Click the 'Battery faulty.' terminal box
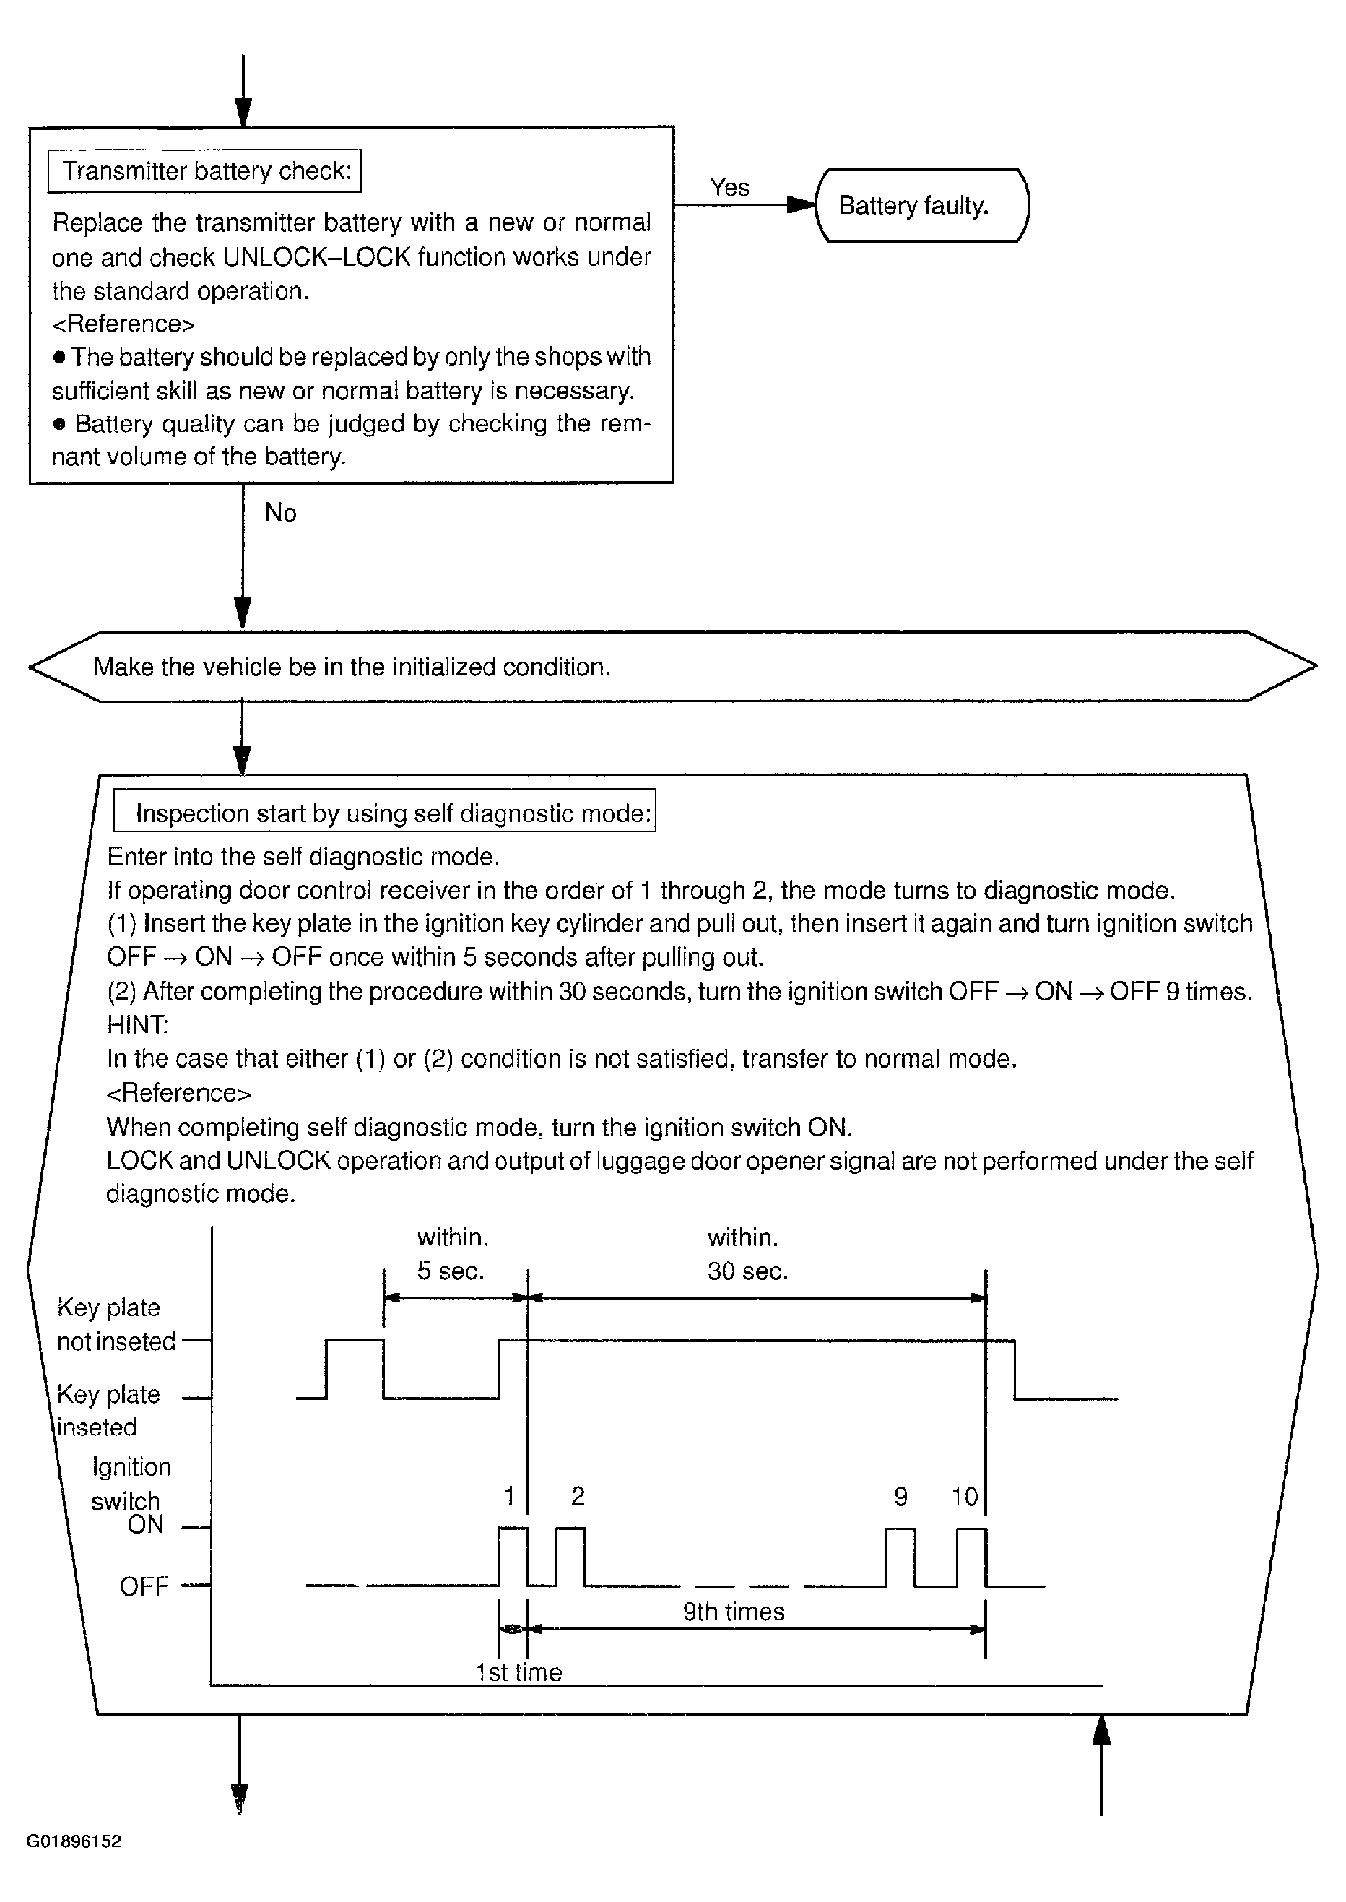921,206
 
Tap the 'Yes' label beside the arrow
729,187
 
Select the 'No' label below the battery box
280,513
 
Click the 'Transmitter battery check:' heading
207,170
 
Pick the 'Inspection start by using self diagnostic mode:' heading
393,813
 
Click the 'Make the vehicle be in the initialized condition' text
352,667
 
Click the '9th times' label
734,1611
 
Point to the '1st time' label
519,1672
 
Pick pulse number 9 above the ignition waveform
901,1497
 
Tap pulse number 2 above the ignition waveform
578,1496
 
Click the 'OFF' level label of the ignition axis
144,1586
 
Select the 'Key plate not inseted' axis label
116,1324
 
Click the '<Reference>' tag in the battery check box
123,324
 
